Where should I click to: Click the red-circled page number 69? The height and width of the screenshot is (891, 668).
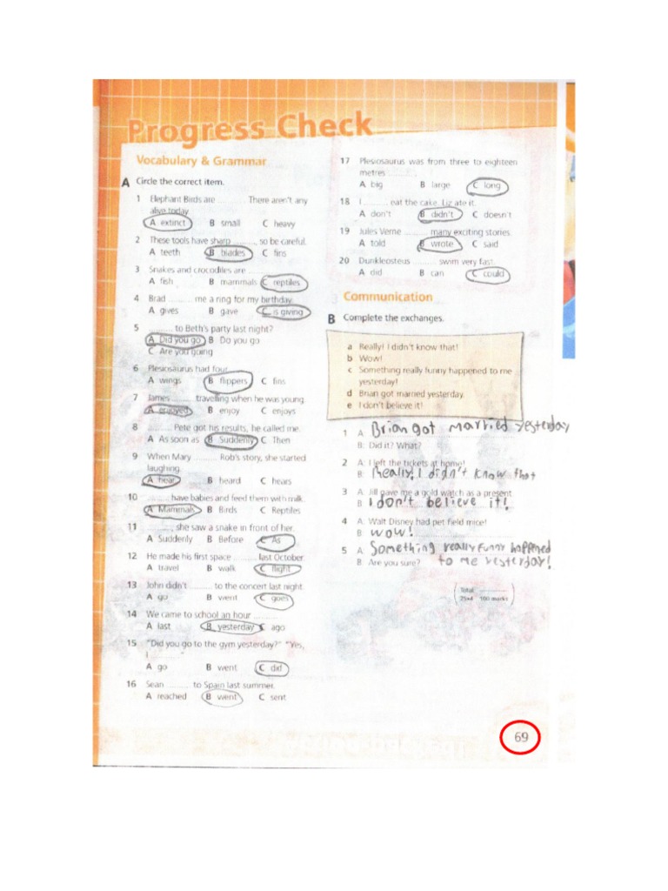coord(521,738)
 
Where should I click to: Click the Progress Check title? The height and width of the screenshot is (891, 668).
coord(250,130)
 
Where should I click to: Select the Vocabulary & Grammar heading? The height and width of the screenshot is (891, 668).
coord(200,161)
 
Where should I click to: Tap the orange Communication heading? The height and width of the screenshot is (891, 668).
coord(387,297)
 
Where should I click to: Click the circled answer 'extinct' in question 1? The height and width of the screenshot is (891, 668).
coord(168,223)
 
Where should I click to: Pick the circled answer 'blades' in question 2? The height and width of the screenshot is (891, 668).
coord(229,253)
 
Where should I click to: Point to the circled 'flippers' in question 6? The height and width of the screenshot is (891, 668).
coord(229,381)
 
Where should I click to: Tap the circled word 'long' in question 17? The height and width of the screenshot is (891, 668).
coord(488,185)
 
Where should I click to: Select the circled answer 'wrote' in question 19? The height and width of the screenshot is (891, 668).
coord(439,245)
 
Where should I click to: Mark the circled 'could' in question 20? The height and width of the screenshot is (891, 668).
coord(489,274)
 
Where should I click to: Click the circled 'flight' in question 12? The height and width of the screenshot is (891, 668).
coord(278,569)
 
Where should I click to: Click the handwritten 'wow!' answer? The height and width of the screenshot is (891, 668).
coord(391,532)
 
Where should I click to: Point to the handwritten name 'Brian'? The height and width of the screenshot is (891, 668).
coord(397,429)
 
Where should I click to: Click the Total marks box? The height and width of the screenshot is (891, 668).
coord(483,595)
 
